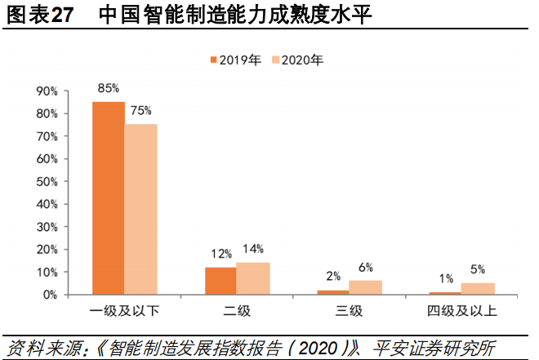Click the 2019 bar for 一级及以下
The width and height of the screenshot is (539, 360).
coord(108,198)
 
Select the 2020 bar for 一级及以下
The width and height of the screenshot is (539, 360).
coord(140,209)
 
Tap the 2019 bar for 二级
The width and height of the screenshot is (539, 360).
coord(220,280)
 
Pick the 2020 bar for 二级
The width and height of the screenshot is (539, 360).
coord(252,278)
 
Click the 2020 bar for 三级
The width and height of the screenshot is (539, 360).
coord(364,287)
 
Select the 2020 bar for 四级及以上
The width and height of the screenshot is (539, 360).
coord(477,288)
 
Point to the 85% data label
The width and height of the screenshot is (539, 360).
coord(109,88)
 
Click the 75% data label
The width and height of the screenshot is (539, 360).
coord(140,110)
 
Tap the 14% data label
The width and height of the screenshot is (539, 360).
coord(252,249)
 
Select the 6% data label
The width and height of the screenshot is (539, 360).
coord(365,267)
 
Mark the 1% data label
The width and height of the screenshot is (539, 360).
coord(446,278)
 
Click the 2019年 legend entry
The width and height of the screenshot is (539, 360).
coord(236,60)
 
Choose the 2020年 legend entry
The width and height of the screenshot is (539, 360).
coord(297,60)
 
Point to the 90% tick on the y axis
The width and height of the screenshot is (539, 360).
coord(47,91)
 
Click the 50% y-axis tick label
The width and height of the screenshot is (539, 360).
coord(47,181)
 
